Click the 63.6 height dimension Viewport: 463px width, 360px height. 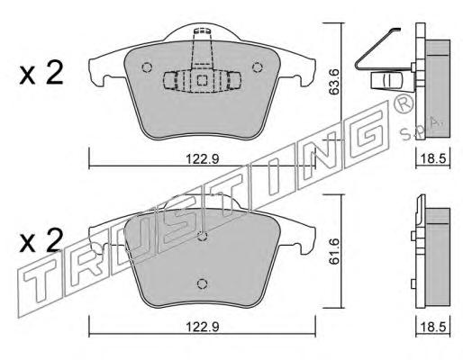[333, 82]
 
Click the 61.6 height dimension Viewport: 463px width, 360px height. [333, 251]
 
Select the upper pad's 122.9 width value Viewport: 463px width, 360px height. [203, 158]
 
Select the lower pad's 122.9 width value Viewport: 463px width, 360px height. [203, 327]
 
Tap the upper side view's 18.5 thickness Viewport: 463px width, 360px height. [432, 158]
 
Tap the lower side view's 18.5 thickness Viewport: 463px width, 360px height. [432, 327]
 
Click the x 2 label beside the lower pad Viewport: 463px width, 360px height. [41, 240]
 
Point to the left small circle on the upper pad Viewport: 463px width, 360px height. [147, 67]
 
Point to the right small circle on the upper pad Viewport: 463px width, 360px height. [257, 67]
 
